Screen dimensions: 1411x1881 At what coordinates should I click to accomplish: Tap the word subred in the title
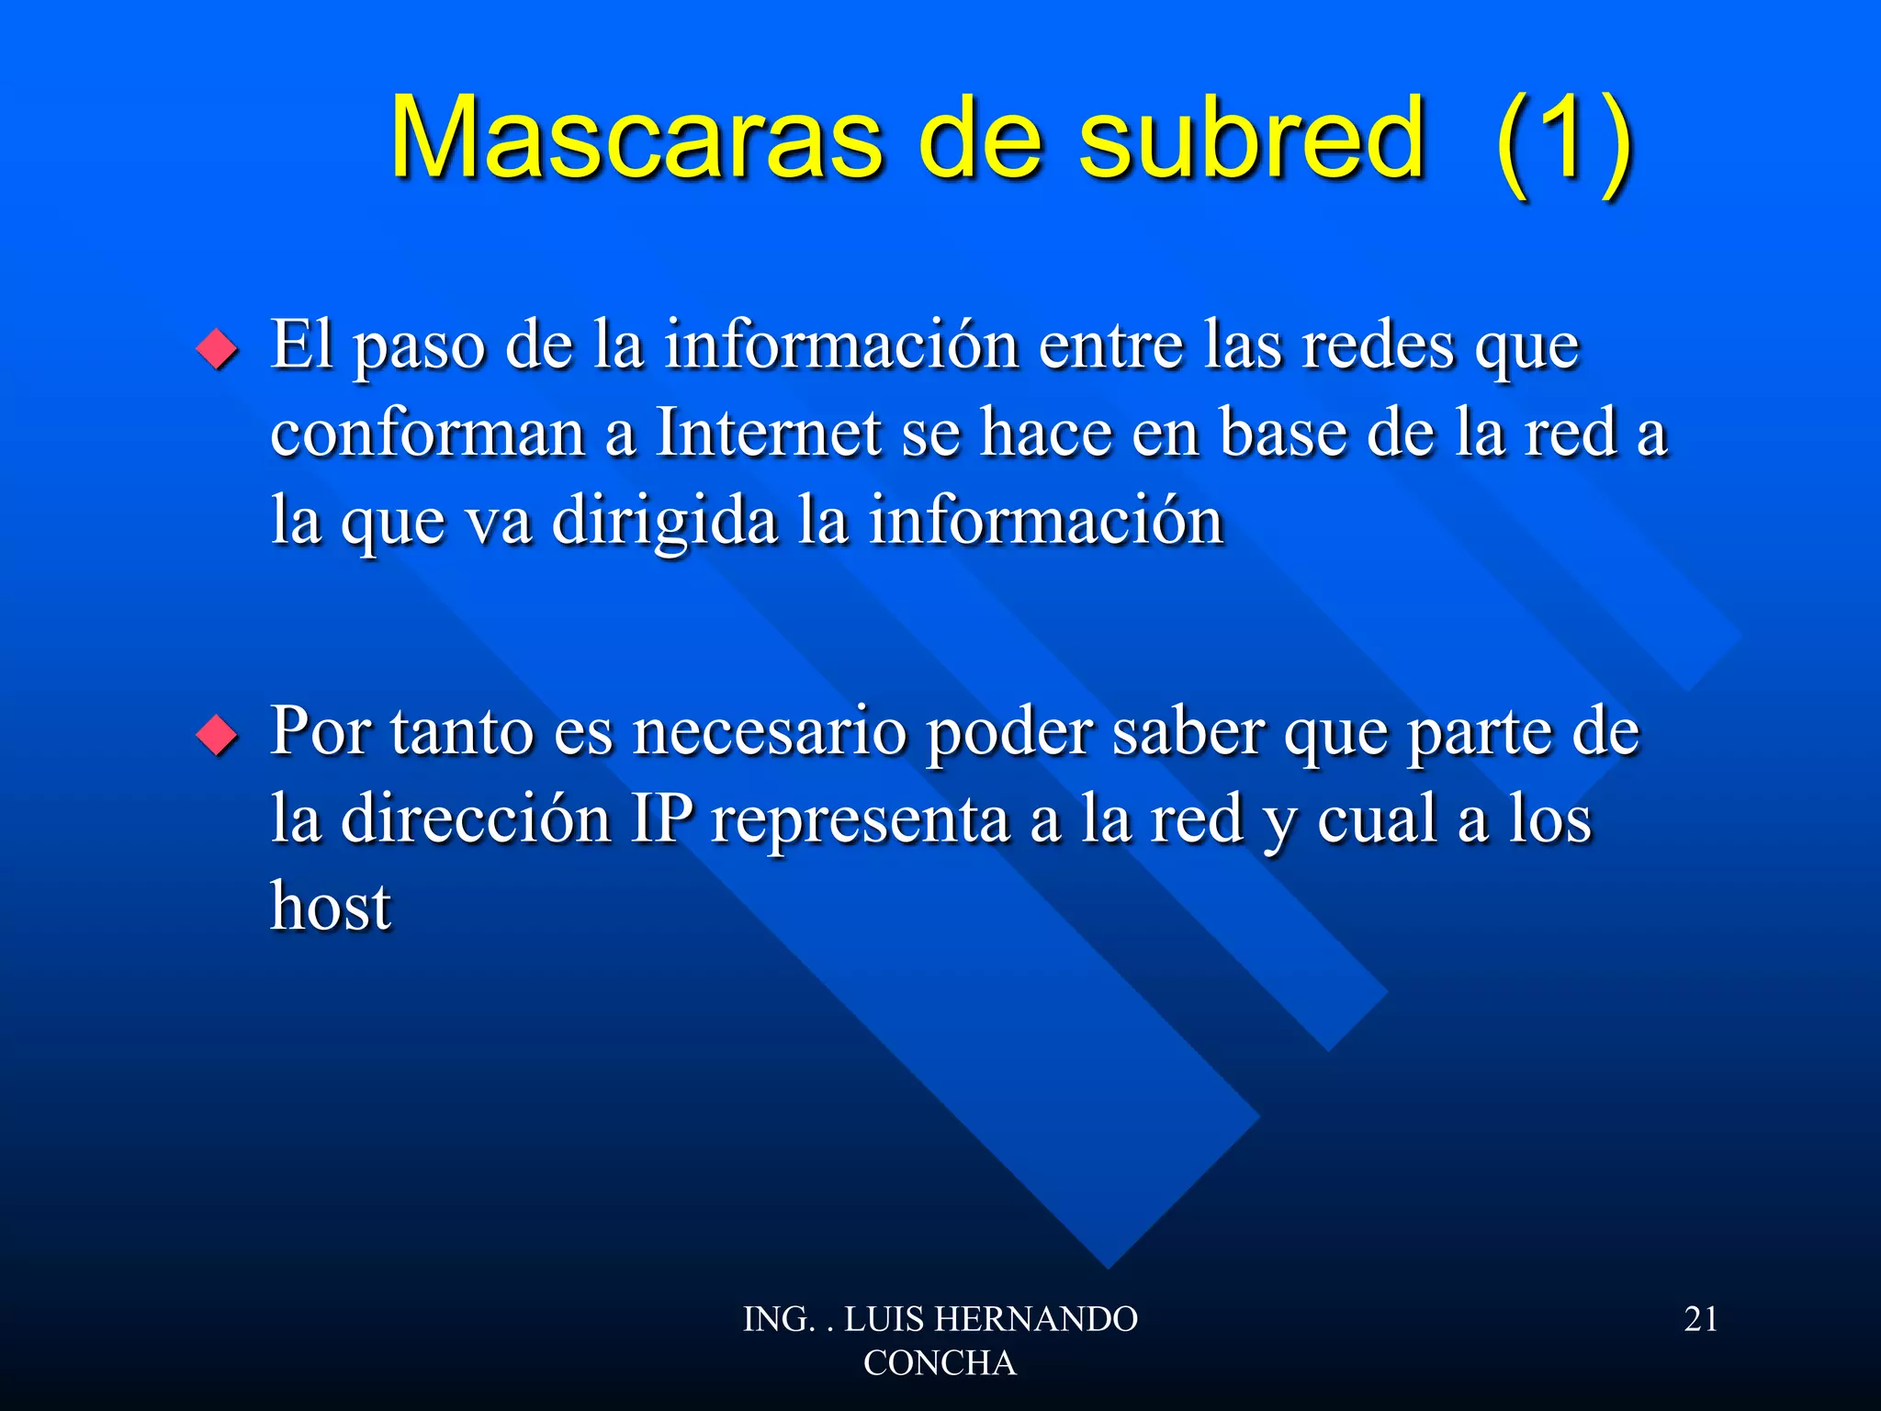pos(1251,140)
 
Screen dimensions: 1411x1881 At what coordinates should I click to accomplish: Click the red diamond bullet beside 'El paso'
pos(217,349)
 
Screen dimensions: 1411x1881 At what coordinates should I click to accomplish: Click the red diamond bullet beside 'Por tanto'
pos(217,735)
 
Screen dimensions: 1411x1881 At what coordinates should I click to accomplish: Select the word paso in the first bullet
pos(419,349)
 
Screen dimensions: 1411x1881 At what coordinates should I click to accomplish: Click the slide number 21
pos(1701,1319)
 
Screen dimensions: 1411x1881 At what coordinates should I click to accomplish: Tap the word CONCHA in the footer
pos(940,1363)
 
